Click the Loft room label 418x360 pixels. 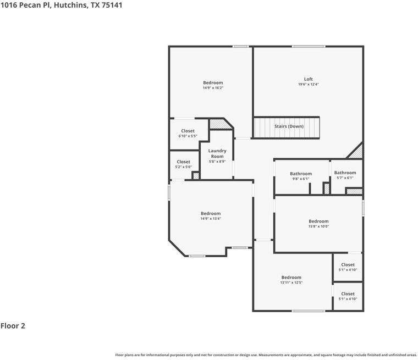pyautogui.click(x=308, y=79)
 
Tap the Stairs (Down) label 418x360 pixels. pyautogui.click(x=289, y=126)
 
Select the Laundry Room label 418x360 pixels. pyautogui.click(x=217, y=153)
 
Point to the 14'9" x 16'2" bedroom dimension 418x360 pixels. pyautogui.click(x=213, y=88)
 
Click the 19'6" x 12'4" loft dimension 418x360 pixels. pyautogui.click(x=308, y=84)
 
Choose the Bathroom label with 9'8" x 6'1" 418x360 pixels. pyautogui.click(x=301, y=174)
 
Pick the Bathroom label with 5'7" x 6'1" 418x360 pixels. pyautogui.click(x=345, y=173)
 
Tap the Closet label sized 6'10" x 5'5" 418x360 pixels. pyautogui.click(x=188, y=131)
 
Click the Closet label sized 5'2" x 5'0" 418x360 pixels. pyautogui.click(x=183, y=162)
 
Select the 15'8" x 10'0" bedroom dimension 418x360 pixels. pyautogui.click(x=318, y=226)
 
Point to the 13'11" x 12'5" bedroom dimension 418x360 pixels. pyautogui.click(x=291, y=283)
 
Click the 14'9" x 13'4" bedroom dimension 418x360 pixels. pyautogui.click(x=211, y=219)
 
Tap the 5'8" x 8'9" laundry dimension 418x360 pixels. pyautogui.click(x=217, y=162)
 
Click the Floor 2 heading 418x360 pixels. pyautogui.click(x=13, y=326)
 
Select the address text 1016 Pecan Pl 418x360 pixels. pyautogui.click(x=25, y=5)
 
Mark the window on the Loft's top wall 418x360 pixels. pyautogui.click(x=308, y=46)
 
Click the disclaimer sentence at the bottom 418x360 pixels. pyautogui.click(x=266, y=355)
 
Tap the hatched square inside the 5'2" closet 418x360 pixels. pyautogui.click(x=195, y=176)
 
